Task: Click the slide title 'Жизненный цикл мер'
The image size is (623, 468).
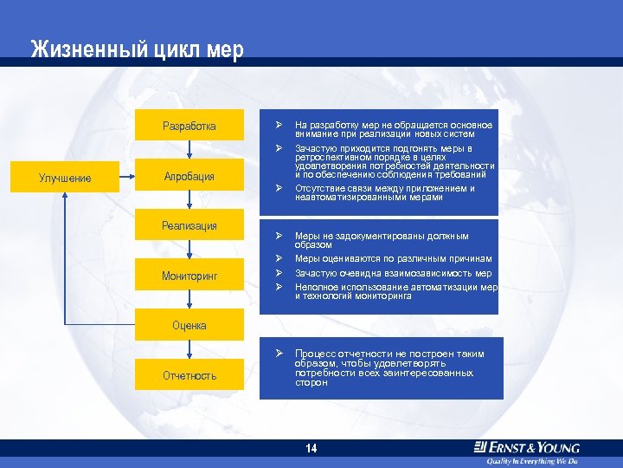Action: (138, 49)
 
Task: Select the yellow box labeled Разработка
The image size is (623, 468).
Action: (189, 127)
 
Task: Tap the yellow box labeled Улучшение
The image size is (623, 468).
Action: (65, 179)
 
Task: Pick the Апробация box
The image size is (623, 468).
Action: (189, 177)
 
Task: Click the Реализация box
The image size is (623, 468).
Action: (189, 226)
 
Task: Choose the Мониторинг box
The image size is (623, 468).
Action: (189, 276)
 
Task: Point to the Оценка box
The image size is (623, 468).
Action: (189, 326)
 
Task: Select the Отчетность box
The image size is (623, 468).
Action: (189, 375)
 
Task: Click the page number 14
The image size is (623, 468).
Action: (311, 448)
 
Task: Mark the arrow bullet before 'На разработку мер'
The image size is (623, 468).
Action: (279, 126)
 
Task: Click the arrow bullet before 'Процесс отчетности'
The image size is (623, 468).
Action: (279, 354)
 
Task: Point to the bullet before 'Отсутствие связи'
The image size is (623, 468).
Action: (279, 188)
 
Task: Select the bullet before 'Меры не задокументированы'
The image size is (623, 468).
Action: (279, 236)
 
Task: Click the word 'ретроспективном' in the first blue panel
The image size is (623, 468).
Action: (330, 158)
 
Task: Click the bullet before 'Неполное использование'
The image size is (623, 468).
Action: (279, 287)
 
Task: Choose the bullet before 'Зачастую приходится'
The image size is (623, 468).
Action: (279, 148)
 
